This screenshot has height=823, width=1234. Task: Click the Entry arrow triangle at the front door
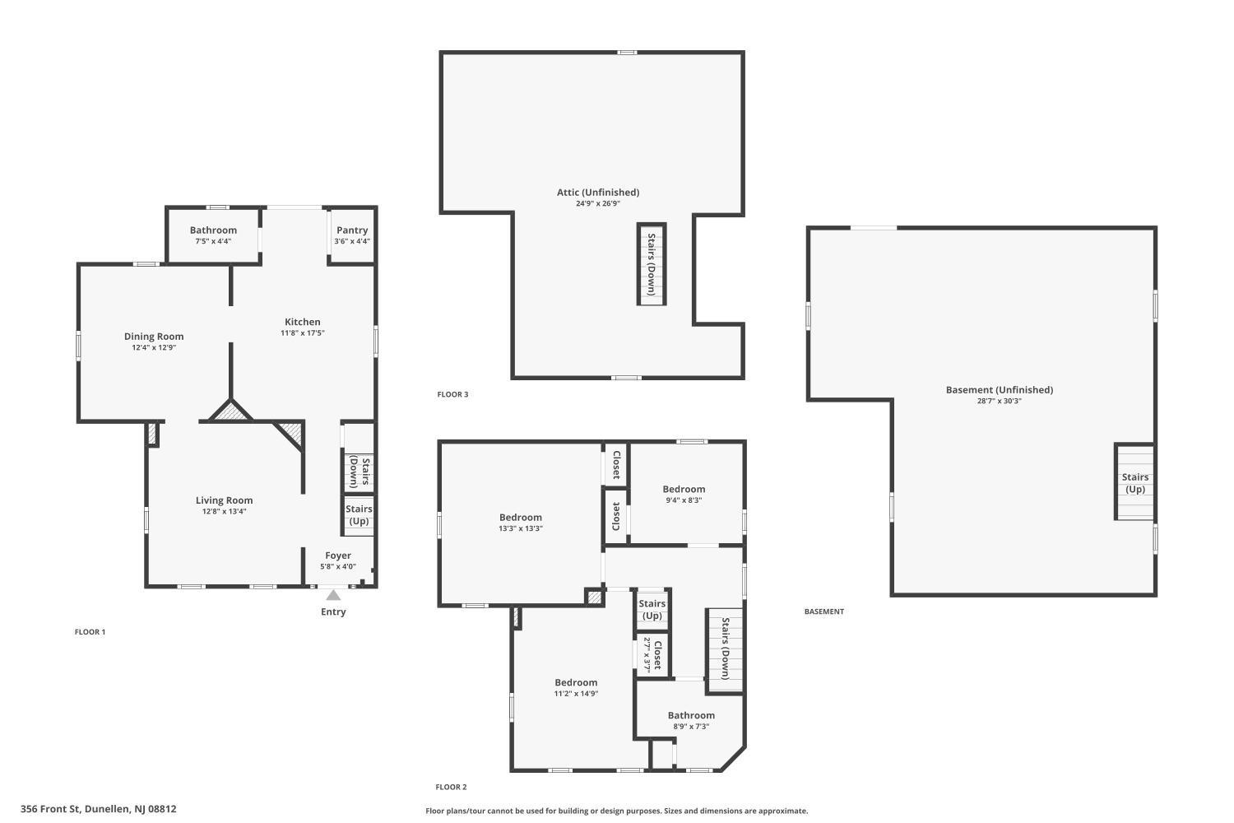point(333,595)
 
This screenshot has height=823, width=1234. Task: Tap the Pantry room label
point(352,230)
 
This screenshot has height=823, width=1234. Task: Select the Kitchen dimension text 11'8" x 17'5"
point(303,333)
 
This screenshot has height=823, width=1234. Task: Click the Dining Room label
point(154,336)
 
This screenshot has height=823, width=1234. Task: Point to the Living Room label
point(224,500)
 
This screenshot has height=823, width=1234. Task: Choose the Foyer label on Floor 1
point(338,556)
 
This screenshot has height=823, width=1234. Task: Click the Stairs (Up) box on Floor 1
point(359,515)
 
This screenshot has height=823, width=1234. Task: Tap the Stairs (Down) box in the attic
point(651,263)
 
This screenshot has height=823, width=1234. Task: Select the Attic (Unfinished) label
point(598,193)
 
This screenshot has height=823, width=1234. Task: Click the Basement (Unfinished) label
point(1000,390)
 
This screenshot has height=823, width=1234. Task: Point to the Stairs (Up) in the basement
point(1135,483)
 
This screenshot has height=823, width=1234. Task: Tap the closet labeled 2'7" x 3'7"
point(652,654)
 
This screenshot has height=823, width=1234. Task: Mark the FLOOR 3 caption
point(452,394)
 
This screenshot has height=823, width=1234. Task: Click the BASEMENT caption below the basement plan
point(824,611)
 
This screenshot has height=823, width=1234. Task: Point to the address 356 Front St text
point(99,809)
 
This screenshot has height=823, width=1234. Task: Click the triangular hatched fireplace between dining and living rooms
point(230,412)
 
